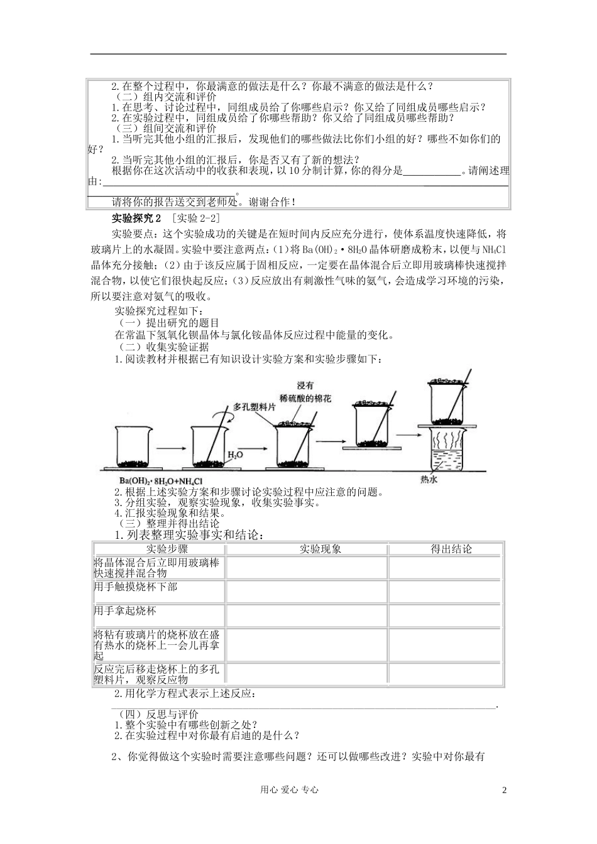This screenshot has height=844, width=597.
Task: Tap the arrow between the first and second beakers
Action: (x=168, y=448)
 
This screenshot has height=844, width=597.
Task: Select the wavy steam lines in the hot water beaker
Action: (x=448, y=440)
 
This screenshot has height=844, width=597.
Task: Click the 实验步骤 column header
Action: (x=158, y=549)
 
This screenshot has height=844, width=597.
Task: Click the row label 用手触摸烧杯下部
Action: (x=135, y=586)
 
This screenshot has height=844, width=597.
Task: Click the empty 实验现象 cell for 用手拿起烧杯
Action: (x=307, y=615)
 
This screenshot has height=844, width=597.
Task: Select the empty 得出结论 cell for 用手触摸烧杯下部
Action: (x=445, y=591)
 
